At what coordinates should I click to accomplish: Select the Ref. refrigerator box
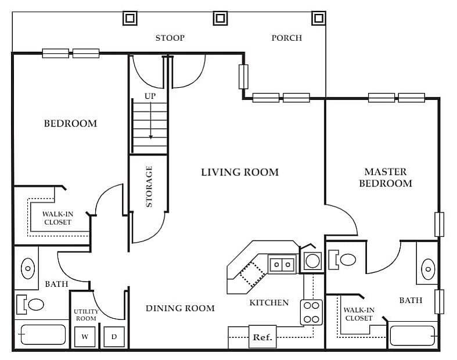[x=262, y=337]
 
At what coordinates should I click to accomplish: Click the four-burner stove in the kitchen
[x=311, y=312]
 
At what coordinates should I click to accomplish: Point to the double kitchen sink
[x=282, y=265]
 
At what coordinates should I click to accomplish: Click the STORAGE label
[x=149, y=186]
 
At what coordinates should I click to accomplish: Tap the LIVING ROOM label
[x=240, y=172]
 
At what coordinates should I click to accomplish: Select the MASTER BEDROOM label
[x=386, y=177]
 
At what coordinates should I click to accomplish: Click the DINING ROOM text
[x=180, y=308]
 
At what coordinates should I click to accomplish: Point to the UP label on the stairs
[x=150, y=95]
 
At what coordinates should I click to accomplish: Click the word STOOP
[x=170, y=38]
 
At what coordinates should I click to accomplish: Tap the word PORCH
[x=287, y=38]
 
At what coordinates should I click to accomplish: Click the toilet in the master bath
[x=345, y=259]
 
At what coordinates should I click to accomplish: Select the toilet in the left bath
[x=33, y=304]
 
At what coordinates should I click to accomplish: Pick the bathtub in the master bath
[x=412, y=336]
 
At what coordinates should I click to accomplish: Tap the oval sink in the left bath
[x=27, y=268]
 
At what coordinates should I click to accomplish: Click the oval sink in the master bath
[x=427, y=269]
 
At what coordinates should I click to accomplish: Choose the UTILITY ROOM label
[x=85, y=315]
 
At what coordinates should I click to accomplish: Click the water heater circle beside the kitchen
[x=312, y=261]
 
